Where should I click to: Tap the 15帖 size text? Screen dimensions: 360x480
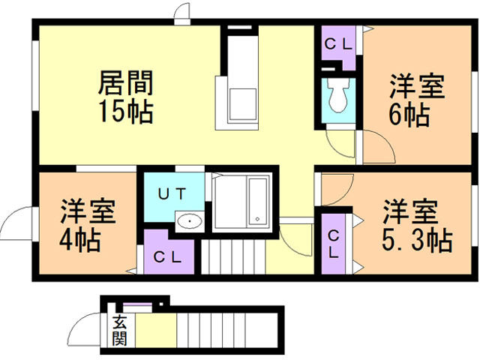pos(124,112)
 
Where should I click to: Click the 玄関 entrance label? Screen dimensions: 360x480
pos(120,330)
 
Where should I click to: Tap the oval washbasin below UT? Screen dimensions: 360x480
pos(187,220)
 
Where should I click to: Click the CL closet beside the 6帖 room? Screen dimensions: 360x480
pos(338,44)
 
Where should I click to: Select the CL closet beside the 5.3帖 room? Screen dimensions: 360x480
pos(334,244)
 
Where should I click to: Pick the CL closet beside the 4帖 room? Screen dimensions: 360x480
pos(166,256)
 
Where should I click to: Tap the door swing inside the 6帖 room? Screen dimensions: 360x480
pos(379,144)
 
